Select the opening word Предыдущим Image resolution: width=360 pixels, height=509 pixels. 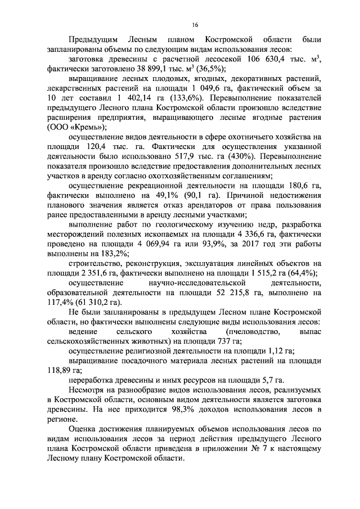coord(92,40)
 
